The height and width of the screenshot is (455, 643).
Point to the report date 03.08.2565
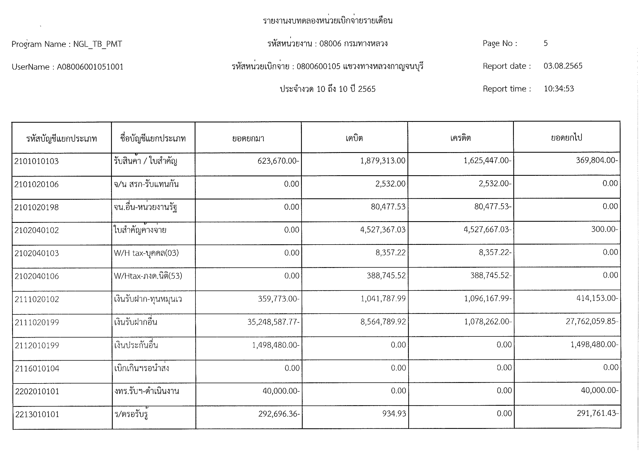[563, 66]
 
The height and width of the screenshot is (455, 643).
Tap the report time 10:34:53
[559, 89]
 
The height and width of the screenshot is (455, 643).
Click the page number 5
[546, 43]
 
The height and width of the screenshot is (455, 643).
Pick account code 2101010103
[36, 161]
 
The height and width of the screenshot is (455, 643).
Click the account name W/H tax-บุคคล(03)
[146, 253]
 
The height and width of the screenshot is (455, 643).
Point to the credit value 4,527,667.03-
[487, 230]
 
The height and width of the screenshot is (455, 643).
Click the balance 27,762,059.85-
[592, 321]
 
